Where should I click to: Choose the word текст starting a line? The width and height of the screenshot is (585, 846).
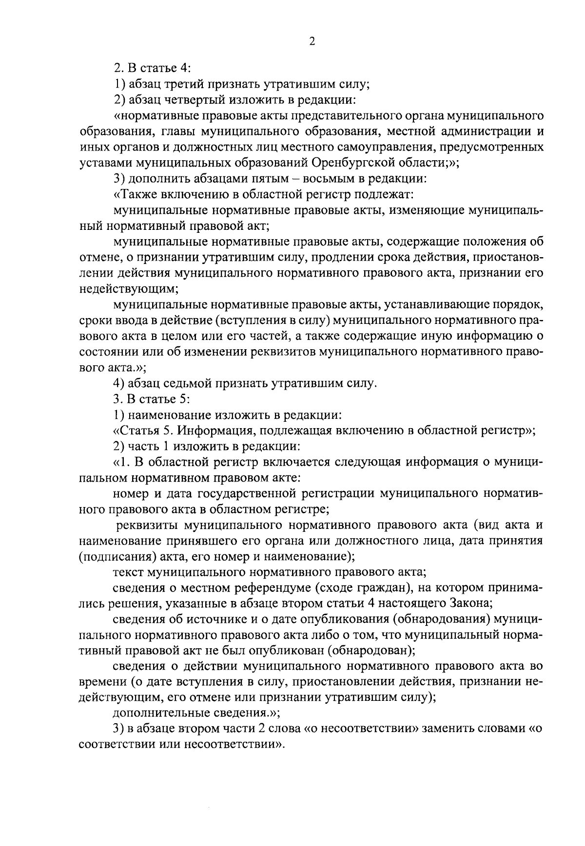pos(128,572)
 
